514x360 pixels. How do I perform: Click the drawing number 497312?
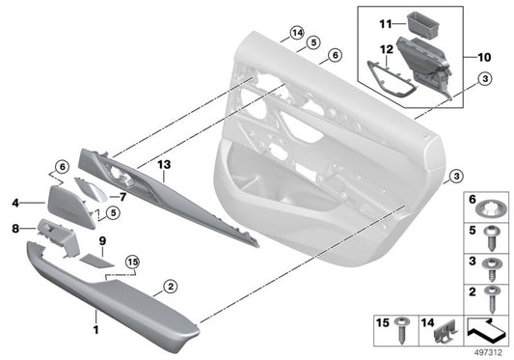(x=489, y=352)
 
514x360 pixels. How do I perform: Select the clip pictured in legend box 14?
(x=444, y=331)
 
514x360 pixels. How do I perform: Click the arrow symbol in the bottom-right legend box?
(x=487, y=331)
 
